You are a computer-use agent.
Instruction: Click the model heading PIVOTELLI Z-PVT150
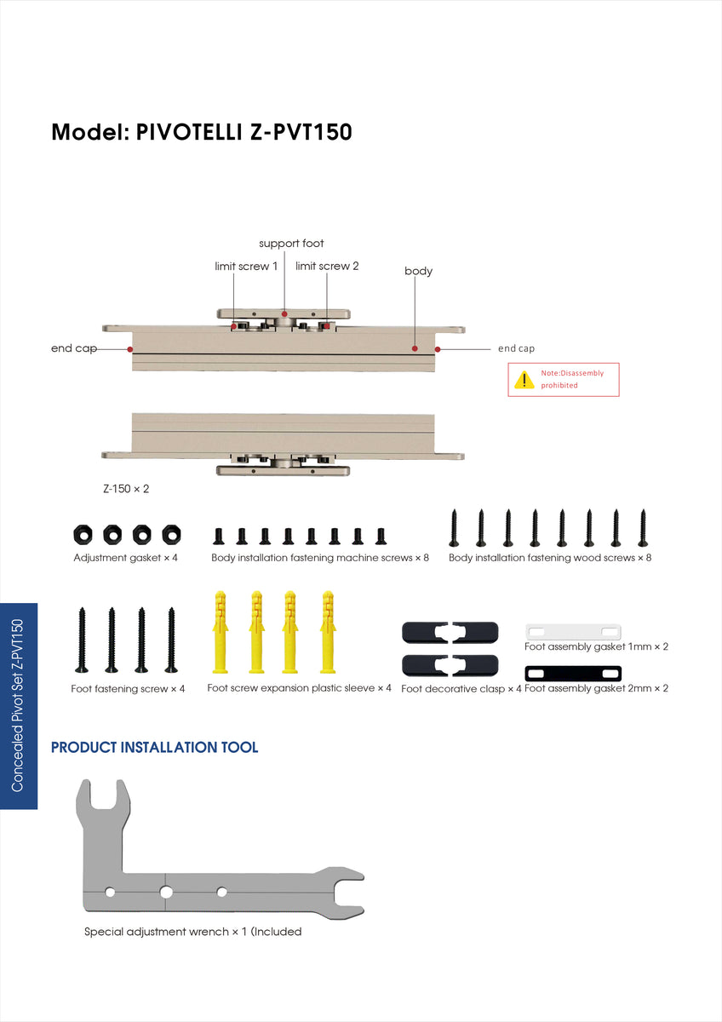point(202,133)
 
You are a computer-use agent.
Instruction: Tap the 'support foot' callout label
point(291,244)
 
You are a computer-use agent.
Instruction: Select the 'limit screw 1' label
point(246,267)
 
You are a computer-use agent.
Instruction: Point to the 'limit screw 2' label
point(327,267)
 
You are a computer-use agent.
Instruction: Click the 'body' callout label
point(418,272)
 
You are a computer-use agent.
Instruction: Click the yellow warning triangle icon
point(524,380)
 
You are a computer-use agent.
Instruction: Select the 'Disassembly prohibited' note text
point(572,380)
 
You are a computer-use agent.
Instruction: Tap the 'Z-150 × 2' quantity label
point(126,490)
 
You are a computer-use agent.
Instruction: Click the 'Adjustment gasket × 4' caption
point(125,558)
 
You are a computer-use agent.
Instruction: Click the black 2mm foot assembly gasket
point(572,673)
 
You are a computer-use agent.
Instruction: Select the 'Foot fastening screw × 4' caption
point(128,689)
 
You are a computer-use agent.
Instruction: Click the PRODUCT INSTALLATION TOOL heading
point(154,748)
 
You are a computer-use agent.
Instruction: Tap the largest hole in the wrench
point(166,892)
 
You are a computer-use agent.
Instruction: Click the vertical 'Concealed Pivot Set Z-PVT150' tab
point(19,706)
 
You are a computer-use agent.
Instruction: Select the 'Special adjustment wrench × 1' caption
point(192,932)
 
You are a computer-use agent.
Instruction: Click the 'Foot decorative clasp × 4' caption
point(461,689)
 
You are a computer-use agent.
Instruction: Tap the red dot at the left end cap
point(129,348)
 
